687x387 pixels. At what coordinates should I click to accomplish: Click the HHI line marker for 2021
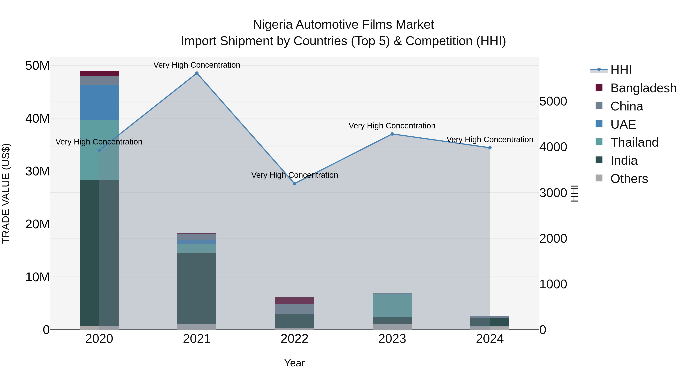point(197,73)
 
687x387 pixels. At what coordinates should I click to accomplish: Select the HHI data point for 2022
point(294,184)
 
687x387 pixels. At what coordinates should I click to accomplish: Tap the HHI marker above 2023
point(392,134)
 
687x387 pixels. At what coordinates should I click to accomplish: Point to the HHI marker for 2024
point(490,148)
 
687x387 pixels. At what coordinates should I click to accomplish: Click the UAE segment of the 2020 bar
point(99,103)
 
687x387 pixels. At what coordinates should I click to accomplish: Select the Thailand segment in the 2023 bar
point(392,306)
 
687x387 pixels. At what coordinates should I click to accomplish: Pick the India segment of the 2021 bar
point(197,288)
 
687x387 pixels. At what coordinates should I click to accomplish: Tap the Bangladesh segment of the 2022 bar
point(294,300)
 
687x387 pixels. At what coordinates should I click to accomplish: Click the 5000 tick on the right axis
point(553,101)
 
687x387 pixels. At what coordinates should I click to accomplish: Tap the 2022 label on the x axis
point(294,339)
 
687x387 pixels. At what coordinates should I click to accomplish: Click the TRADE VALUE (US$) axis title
point(6,193)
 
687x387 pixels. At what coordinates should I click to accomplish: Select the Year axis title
point(294,363)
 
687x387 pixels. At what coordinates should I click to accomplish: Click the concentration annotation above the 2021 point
point(197,65)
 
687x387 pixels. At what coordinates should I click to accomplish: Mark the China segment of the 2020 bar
point(99,81)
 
